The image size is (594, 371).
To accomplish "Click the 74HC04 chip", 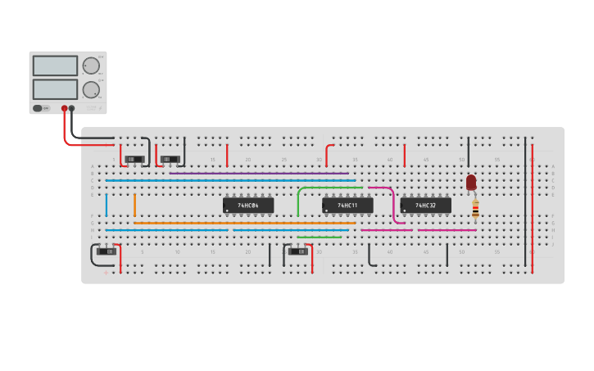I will click(248, 206).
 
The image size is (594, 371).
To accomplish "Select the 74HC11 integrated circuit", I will click(347, 206).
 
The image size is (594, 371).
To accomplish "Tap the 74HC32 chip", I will click(425, 206).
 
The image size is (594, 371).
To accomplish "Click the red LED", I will click(471, 183).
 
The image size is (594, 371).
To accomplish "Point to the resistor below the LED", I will click(475, 211).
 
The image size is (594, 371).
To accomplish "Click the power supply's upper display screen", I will click(55, 66).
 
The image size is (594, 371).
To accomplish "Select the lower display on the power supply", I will click(55, 89).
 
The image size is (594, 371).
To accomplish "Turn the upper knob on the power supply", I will click(90, 66).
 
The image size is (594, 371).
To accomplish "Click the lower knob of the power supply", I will click(90, 90).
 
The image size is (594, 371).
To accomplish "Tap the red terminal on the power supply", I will click(64, 108).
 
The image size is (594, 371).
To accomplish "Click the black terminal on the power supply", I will click(72, 108).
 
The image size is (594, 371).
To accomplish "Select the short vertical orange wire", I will click(134, 205).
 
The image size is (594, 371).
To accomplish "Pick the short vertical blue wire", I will click(106, 205).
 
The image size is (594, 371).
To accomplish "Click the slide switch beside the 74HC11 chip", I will click(298, 251).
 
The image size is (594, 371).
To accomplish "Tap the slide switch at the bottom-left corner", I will click(107, 251).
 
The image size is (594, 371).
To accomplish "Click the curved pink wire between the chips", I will click(394, 205).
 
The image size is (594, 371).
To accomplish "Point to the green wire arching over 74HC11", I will click(328, 188).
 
